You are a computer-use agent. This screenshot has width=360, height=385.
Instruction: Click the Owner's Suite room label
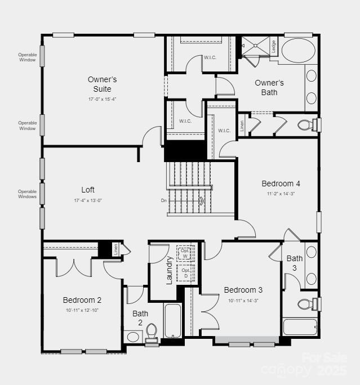(102, 84)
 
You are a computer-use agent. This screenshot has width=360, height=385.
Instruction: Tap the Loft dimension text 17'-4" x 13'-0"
(87, 200)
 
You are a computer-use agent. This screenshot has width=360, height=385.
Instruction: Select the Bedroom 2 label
(82, 300)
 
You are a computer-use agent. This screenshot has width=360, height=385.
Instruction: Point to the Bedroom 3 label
(243, 290)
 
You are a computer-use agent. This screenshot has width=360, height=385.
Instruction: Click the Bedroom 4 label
(281, 183)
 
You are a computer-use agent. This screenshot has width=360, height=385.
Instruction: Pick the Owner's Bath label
(269, 87)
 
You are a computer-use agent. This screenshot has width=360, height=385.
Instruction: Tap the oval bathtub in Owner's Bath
(298, 51)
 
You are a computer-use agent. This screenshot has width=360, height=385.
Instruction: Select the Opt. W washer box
(185, 253)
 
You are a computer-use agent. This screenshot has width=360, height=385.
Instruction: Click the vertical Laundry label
(169, 270)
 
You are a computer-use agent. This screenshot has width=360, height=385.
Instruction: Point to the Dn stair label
(164, 200)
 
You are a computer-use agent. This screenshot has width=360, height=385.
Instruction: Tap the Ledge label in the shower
(273, 45)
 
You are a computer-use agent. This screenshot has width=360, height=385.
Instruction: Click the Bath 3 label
(294, 263)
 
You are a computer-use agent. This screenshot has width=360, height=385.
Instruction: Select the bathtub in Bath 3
(300, 327)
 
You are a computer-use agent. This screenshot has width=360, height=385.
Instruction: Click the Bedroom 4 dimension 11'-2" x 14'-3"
(281, 194)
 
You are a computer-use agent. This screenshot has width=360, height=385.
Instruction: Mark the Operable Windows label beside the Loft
(27, 194)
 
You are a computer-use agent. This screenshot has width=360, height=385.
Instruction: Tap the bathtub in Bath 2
(172, 321)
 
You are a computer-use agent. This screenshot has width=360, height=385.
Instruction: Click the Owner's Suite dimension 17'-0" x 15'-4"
(102, 99)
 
